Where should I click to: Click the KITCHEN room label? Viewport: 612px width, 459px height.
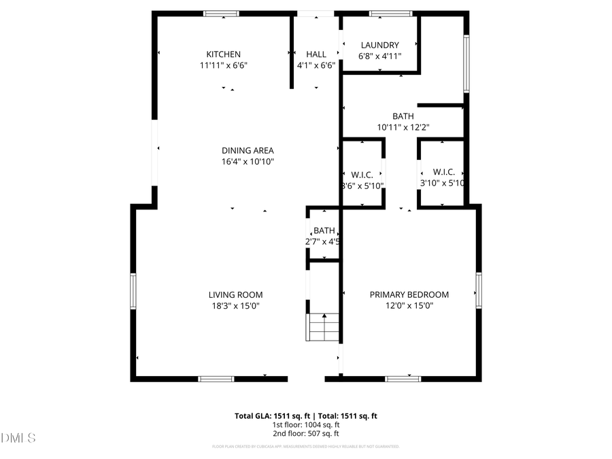224,54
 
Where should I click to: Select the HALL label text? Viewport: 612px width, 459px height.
316,54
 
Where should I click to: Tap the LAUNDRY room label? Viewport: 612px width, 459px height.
379,46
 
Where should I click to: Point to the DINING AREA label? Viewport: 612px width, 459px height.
248,150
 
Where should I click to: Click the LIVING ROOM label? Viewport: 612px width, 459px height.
235,294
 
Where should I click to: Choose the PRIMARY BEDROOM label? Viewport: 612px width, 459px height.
409,294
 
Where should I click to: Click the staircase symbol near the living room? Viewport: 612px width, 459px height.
324,327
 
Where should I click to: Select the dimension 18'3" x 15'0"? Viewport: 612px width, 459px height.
235,306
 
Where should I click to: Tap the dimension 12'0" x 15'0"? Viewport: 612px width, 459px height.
409,306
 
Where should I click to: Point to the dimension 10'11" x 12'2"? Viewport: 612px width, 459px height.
403,127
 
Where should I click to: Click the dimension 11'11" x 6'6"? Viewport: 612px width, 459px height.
224,65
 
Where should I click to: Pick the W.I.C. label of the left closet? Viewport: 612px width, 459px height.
362,173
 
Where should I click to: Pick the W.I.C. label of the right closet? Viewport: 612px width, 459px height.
443,173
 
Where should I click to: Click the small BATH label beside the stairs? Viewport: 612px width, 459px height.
324,231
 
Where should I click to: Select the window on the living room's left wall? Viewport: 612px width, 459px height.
133,290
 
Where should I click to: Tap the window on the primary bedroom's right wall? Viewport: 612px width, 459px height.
479,290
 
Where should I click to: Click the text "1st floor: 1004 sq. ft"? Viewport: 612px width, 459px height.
305,424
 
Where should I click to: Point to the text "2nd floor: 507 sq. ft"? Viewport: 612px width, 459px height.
305,433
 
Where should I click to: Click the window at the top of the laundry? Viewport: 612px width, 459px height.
391,14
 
